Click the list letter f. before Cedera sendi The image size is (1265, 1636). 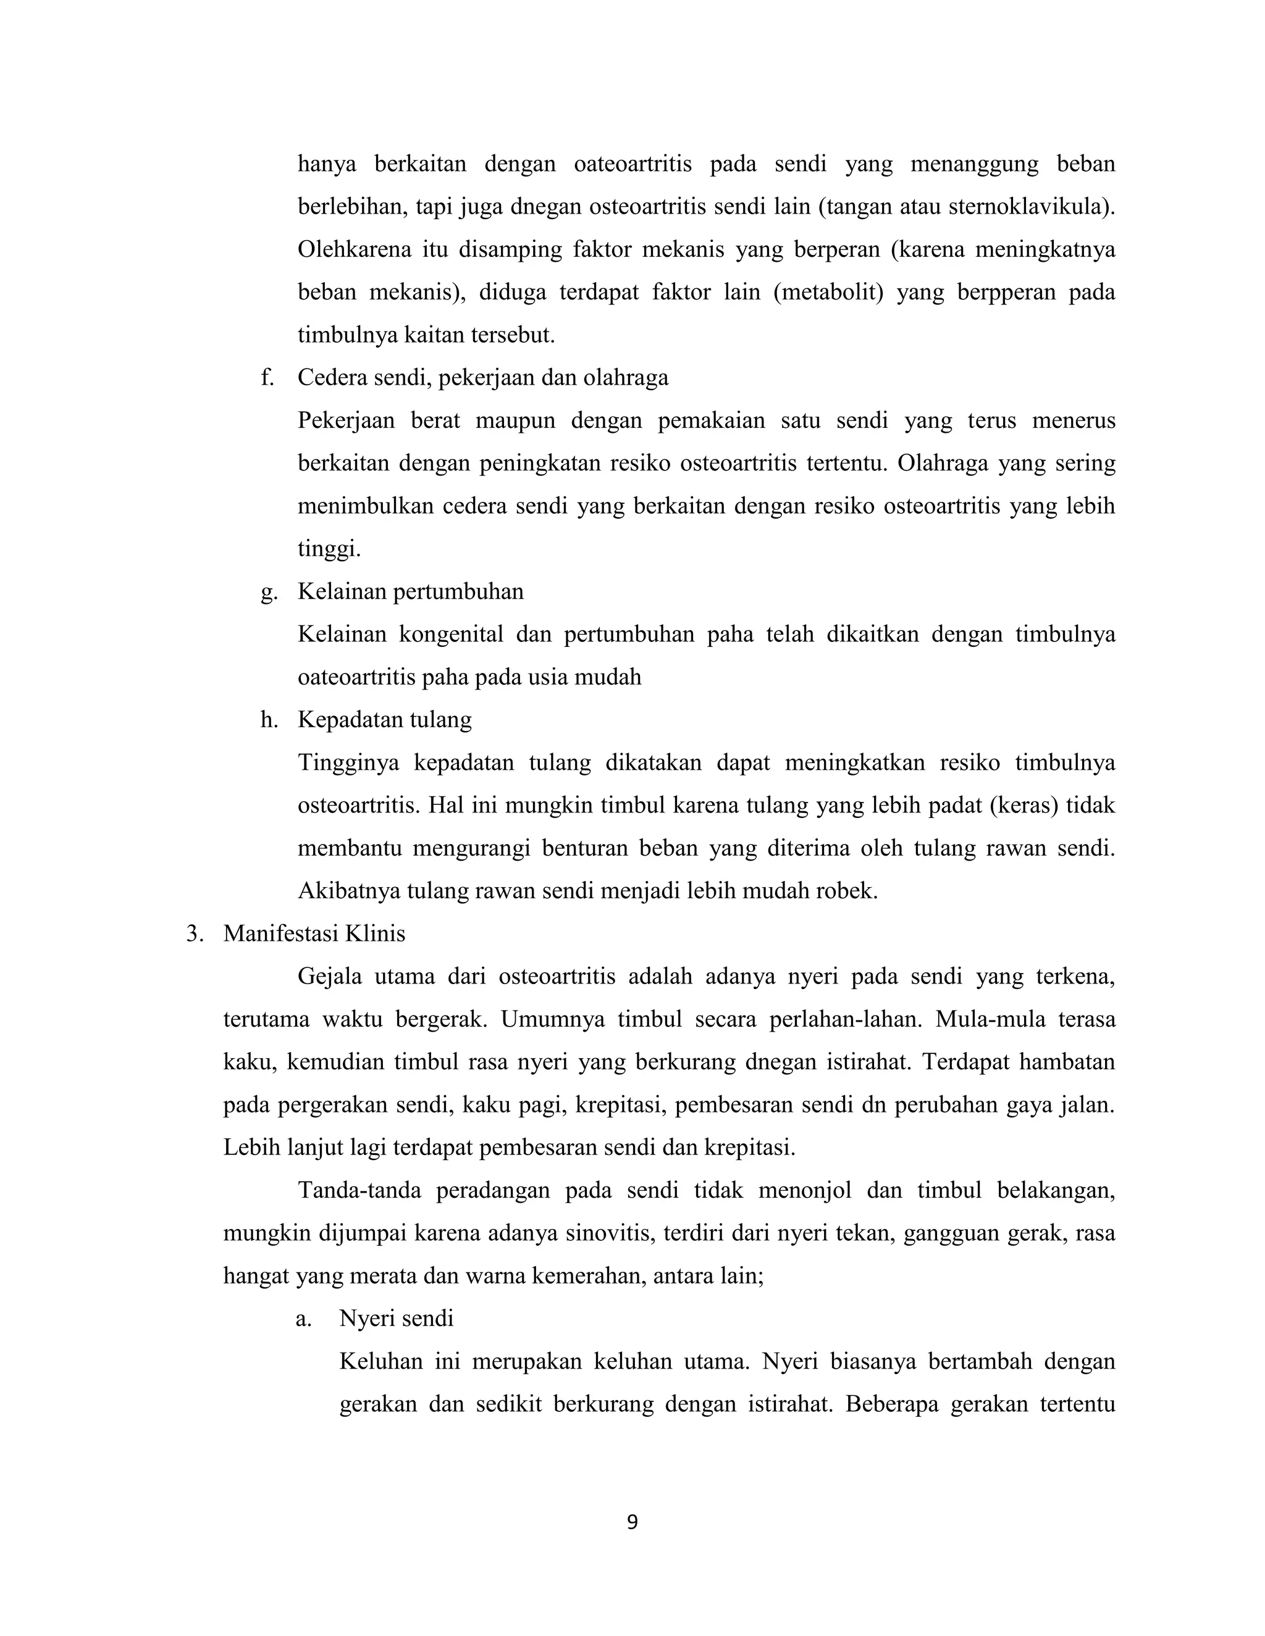coord(267,378)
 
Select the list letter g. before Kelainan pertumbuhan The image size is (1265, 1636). coord(268,592)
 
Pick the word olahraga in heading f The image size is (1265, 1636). coord(626,378)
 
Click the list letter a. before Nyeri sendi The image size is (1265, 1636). coord(303,1319)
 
